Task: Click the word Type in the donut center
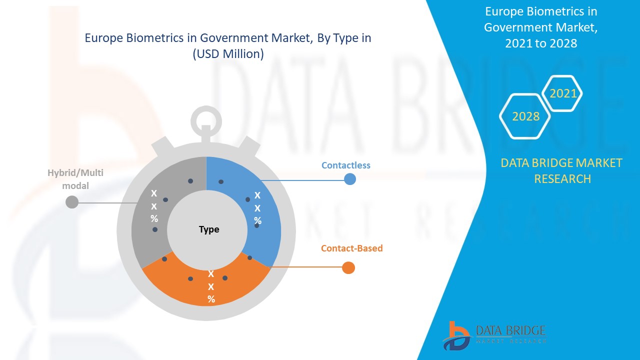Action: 209,229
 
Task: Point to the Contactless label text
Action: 346,165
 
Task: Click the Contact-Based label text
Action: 352,248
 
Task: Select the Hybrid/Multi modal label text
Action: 68,179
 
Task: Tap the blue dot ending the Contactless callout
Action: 350,179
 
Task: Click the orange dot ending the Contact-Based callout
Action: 348,267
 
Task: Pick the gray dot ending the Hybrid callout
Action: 72,202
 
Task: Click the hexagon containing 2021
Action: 563,93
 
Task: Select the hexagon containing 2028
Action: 525,116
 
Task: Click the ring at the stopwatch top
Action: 206,120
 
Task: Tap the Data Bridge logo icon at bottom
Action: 456,335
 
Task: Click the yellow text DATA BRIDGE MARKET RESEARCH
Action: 562,170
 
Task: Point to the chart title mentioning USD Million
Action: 228,46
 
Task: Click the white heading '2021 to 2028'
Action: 541,43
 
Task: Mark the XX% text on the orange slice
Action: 211,286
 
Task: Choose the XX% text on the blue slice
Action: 257,207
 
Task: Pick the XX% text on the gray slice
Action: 154,206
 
